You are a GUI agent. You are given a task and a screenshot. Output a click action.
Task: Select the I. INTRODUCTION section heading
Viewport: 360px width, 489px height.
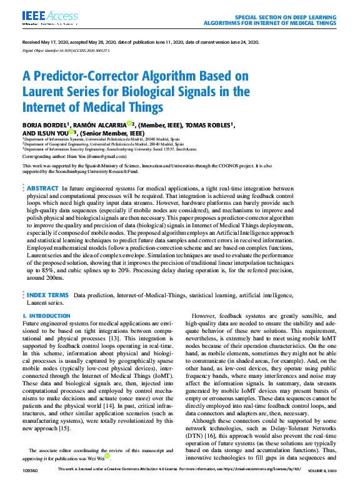coord(46,316)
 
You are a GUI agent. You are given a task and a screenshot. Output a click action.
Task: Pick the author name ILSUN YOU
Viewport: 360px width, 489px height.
coord(54,133)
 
